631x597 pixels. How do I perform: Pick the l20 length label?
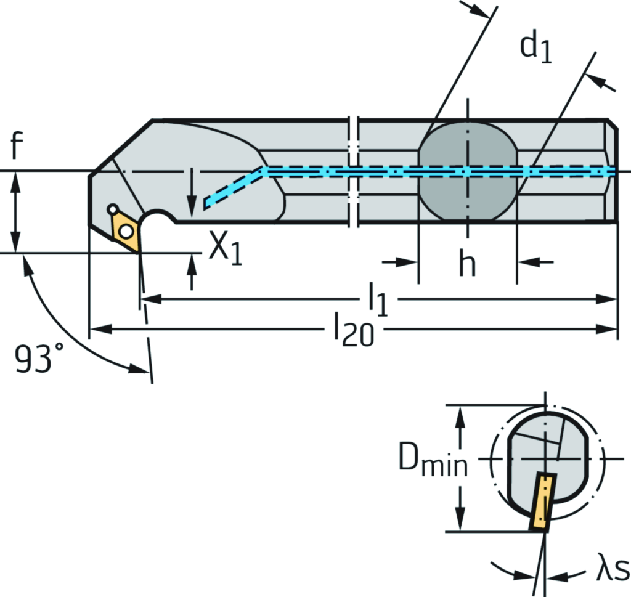point(353,330)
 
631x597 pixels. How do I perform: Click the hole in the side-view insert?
point(126,231)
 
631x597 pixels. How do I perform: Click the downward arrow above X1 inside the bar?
point(192,201)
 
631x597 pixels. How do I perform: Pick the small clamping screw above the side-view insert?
point(112,210)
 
